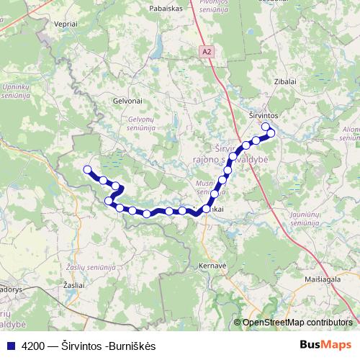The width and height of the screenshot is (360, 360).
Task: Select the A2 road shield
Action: click(207, 51)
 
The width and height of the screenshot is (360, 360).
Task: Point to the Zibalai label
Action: click(285, 82)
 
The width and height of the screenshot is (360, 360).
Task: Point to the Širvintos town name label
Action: click(273, 115)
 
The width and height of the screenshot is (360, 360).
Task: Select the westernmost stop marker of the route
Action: click(88, 170)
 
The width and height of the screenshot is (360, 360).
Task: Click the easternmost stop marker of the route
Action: click(271, 132)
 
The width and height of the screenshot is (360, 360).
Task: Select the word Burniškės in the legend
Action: click(133, 346)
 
